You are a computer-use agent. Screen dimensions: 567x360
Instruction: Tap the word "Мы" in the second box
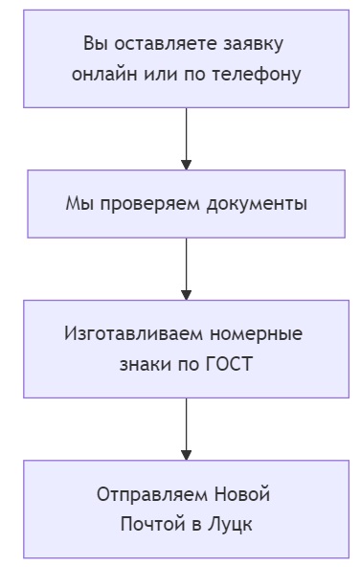[79, 204]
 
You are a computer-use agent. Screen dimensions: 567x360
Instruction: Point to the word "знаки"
[146, 365]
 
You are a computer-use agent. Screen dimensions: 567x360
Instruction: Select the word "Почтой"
[150, 525]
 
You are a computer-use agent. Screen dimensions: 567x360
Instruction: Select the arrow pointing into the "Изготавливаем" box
[186, 269]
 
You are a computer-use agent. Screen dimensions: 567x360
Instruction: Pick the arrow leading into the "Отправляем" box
[186, 429]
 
